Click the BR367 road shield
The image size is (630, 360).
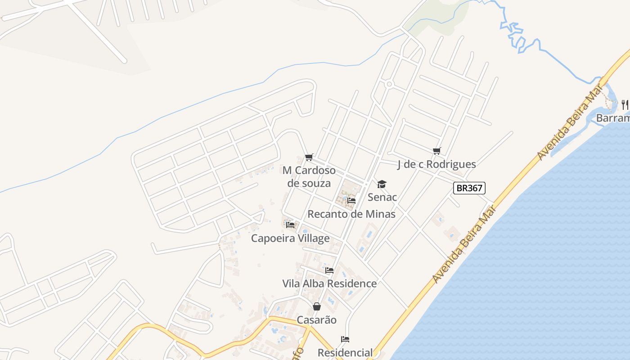[x=469, y=188]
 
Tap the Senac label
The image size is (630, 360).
[x=382, y=197]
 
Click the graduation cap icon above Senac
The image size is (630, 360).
[x=382, y=184]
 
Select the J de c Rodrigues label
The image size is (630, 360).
[x=436, y=164]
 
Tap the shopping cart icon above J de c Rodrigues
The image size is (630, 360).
[x=436, y=151]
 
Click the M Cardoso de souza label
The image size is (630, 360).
[x=309, y=177]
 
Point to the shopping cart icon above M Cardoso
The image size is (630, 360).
[x=309, y=157]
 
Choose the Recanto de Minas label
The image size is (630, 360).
[x=351, y=214]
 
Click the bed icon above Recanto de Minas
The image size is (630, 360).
[x=351, y=200]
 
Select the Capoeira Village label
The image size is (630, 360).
[x=290, y=238]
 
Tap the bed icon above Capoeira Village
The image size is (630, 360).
[x=290, y=225]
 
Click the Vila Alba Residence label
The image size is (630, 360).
[x=329, y=283]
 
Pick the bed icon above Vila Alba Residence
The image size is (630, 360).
[x=329, y=270]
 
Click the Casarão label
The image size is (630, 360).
[x=317, y=320]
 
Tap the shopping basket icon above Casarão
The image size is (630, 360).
[x=317, y=306]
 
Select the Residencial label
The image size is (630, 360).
[x=345, y=352]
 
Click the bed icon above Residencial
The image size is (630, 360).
[x=345, y=339]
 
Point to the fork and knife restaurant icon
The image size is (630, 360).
[x=625, y=104]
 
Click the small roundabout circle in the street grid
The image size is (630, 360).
[x=389, y=84]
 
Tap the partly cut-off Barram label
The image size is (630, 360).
[x=613, y=118]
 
